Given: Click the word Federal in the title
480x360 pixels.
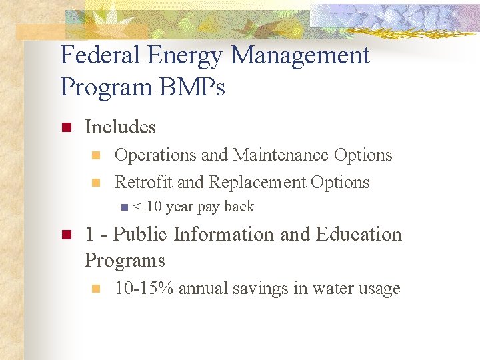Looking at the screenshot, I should pyautogui.click(x=101, y=55).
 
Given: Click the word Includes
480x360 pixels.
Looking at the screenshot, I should pyautogui.click(x=120, y=127).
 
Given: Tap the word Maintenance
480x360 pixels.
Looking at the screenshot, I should pyautogui.click(x=280, y=155).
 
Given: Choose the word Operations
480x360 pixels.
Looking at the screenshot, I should pyautogui.click(x=155, y=155).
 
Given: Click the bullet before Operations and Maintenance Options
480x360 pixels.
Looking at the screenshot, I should pyautogui.click(x=95, y=156).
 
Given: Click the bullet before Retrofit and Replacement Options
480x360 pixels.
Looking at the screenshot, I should pyautogui.click(x=95, y=183).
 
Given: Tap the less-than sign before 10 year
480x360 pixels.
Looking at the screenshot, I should pyautogui.click(x=136, y=207).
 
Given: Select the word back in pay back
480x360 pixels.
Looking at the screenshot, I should pyautogui.click(x=239, y=207).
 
